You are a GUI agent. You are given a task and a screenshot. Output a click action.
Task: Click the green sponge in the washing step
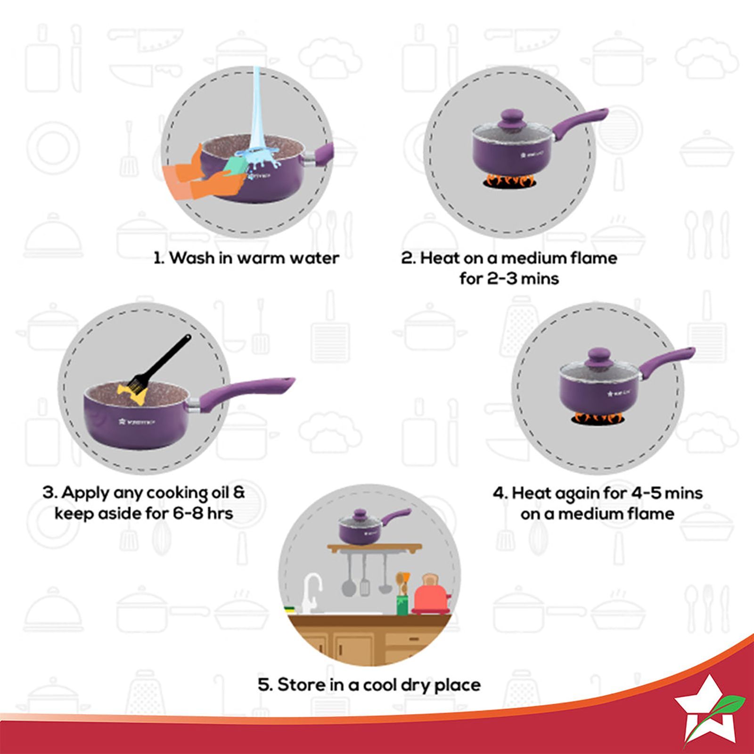pyautogui.click(x=236, y=165)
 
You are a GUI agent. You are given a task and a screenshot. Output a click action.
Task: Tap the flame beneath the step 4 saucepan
pyautogui.click(x=599, y=418)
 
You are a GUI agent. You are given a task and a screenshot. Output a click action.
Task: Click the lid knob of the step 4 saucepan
pyautogui.click(x=599, y=357)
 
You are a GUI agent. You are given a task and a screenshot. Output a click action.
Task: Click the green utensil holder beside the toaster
pyautogui.click(x=402, y=605)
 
